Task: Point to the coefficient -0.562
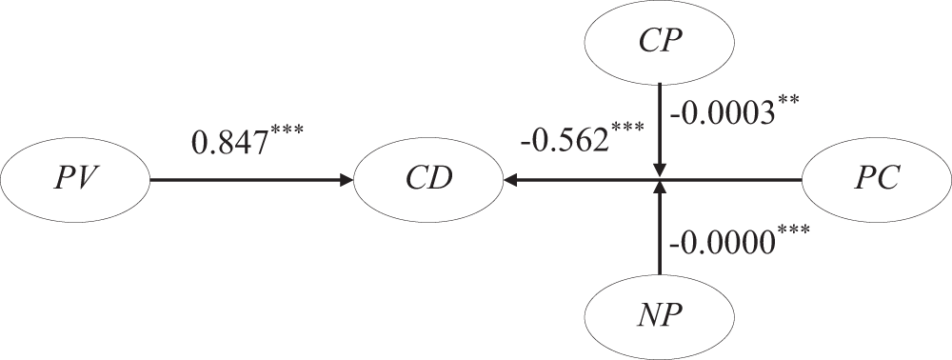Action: (x=564, y=140)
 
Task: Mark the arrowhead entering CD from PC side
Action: (x=511, y=179)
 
